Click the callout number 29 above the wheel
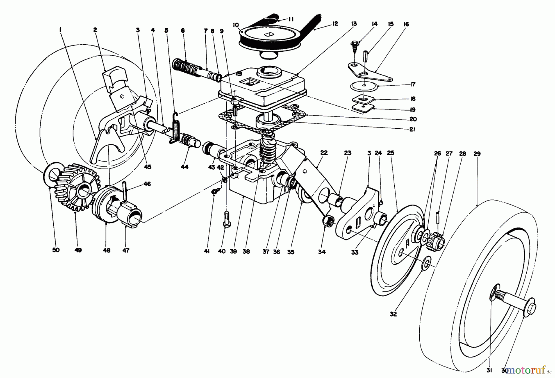point(477,154)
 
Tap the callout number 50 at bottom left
point(55,250)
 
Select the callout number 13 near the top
point(353,24)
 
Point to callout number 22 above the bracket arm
point(323,153)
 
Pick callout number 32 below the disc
point(393,314)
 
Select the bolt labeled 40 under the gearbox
point(227,219)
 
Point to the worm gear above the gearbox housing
point(267,144)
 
